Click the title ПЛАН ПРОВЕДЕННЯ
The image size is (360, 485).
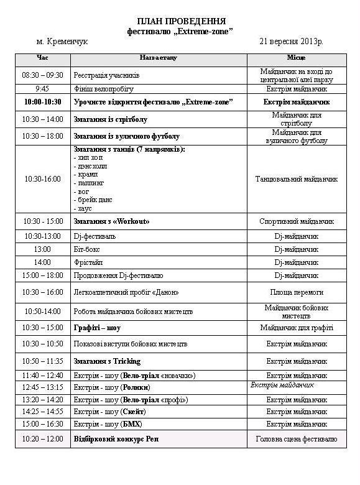(180, 21)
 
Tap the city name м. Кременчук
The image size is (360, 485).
(63, 41)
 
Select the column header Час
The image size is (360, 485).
(42, 58)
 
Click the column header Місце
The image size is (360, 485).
(296, 58)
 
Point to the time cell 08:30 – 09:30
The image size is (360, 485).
(42, 75)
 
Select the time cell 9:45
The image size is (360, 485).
(42, 88)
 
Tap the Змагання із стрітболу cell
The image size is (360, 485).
(111, 119)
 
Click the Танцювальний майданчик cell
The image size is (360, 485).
(296, 179)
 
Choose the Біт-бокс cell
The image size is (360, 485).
(89, 249)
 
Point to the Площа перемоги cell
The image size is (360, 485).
(296, 292)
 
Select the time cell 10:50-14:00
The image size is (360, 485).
(42, 311)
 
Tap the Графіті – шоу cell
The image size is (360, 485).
(97, 328)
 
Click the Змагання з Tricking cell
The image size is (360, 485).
(108, 361)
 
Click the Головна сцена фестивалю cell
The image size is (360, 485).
(296, 439)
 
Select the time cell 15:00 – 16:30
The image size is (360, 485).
(42, 423)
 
